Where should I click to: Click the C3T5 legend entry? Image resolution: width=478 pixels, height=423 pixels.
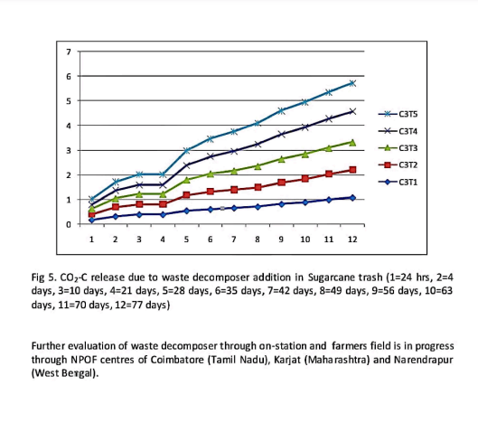398,114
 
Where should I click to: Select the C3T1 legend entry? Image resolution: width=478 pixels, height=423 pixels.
398,182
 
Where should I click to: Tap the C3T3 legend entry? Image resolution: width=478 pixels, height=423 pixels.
398,148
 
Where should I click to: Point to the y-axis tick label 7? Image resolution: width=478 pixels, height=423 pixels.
69,52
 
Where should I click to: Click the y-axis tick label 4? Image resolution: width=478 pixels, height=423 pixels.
69,126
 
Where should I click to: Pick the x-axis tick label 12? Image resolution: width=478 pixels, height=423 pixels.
352,240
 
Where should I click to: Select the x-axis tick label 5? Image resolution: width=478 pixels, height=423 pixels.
186,240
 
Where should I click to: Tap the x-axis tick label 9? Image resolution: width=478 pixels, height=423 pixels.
281,240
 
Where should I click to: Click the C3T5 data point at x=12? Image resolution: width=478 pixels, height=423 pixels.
352,83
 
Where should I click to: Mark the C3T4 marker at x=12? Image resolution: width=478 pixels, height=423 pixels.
352,111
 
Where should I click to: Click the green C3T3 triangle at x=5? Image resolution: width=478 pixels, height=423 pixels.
186,180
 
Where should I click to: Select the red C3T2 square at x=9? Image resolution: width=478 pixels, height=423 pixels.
281,183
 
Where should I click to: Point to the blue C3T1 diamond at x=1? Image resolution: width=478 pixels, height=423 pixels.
92,220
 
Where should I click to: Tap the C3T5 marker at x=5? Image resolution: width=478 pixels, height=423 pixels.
186,150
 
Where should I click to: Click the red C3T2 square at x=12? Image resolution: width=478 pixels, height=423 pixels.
352,170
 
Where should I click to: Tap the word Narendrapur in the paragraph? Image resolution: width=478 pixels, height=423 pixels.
424,360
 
